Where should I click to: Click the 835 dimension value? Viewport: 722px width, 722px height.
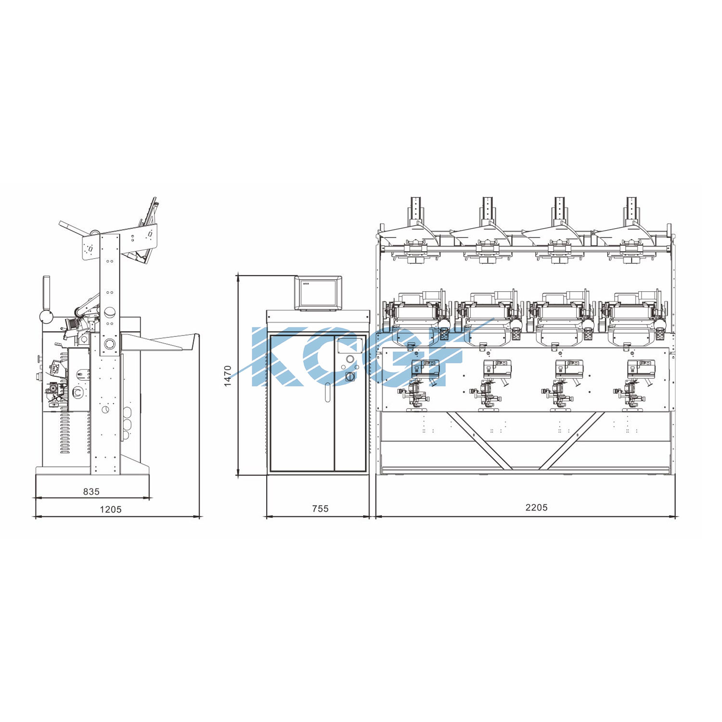click(91, 491)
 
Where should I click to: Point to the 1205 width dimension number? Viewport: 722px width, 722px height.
click(111, 509)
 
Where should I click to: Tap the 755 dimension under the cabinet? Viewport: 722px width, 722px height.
click(320, 508)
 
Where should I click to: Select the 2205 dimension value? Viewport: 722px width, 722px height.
click(536, 507)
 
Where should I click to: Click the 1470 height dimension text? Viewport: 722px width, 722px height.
click(228, 375)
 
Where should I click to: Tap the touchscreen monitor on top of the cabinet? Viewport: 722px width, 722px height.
click(318, 293)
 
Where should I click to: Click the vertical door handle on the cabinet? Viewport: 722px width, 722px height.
click(327, 392)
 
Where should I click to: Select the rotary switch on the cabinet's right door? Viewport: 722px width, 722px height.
click(350, 377)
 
